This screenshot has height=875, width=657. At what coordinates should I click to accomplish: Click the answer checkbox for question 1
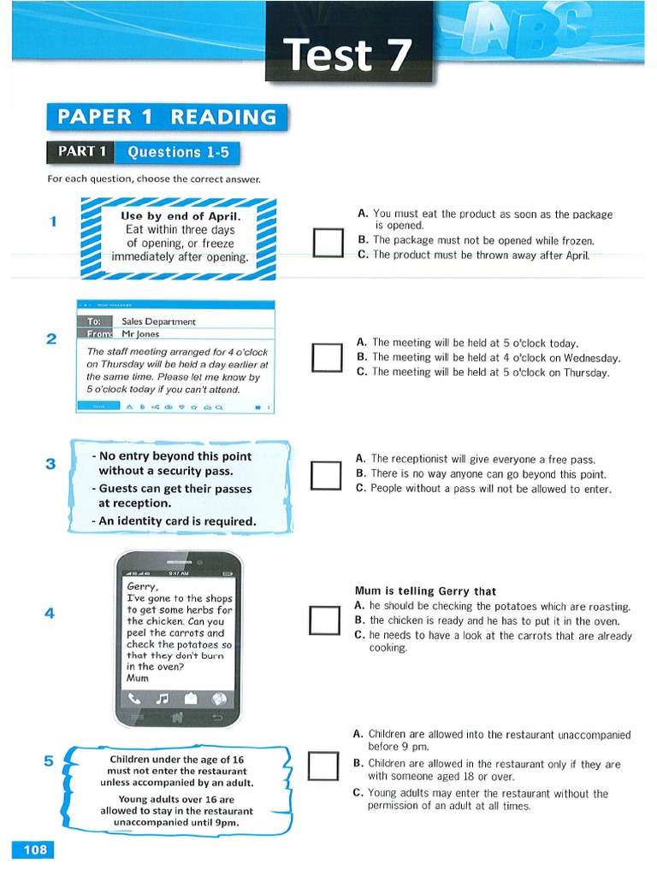[x=326, y=243]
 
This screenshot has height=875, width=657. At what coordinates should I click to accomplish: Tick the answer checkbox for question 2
[x=326, y=357]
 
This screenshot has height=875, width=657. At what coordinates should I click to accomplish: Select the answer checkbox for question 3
[x=326, y=475]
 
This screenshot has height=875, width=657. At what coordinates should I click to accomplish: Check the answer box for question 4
[x=326, y=620]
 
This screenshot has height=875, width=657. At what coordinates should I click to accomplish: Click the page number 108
[x=35, y=849]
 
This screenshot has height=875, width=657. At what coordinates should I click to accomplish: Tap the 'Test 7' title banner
[x=348, y=54]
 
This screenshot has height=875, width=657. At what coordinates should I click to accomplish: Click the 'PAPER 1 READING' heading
[x=167, y=117]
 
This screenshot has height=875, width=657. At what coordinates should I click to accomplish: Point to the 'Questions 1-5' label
[x=177, y=152]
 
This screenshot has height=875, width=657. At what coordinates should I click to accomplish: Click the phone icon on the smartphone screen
[x=134, y=698]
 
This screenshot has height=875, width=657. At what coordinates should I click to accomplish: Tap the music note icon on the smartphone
[x=163, y=698]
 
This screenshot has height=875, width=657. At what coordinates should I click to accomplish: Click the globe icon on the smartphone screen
[x=219, y=698]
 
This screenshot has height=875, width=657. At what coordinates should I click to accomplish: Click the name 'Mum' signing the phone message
[x=137, y=678]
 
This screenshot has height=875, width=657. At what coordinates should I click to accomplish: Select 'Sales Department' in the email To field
[x=159, y=321]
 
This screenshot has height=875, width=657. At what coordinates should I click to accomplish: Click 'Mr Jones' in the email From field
[x=141, y=334]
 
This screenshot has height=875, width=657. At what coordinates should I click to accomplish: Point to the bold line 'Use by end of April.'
[x=181, y=216]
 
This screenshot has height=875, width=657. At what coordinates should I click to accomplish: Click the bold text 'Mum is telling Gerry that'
[x=425, y=591]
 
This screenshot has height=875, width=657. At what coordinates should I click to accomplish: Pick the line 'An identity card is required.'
[x=178, y=520]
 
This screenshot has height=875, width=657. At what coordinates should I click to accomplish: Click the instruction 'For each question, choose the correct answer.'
[x=154, y=179]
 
